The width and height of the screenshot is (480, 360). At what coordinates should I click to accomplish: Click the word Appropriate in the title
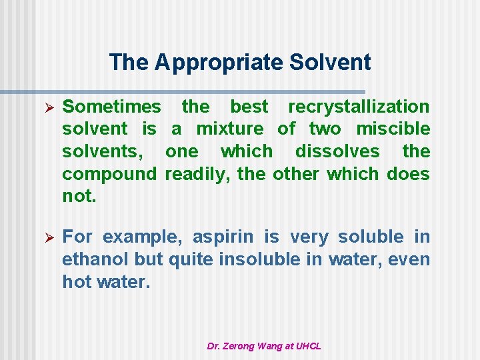[219, 63]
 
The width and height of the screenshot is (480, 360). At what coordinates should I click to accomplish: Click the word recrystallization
[359, 107]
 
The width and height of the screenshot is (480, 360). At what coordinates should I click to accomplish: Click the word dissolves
[337, 151]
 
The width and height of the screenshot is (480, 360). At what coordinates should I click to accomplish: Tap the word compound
[109, 174]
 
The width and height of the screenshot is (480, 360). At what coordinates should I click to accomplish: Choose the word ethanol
[95, 259]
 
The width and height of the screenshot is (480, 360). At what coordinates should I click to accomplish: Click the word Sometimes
[111, 107]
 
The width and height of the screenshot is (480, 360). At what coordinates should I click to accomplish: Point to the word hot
[76, 282]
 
